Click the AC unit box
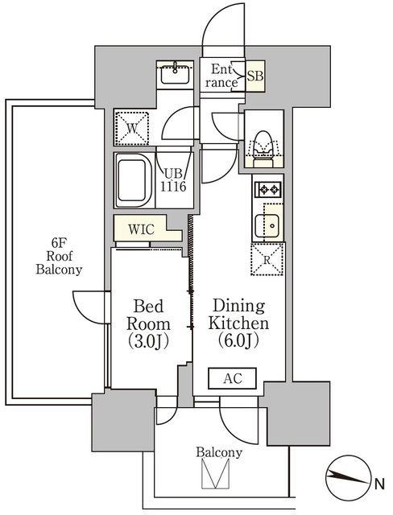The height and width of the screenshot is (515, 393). pos(232,378)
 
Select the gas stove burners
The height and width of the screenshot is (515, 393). pos(267,190)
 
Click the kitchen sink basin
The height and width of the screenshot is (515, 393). pos(267,225)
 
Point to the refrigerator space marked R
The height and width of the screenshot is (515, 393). pos(267,259)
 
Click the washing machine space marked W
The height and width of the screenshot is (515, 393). pos(132,128)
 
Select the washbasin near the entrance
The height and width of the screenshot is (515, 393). pos(175,74)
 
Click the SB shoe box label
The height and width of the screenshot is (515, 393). pos(255,76)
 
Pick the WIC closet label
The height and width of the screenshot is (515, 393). pos(141,229)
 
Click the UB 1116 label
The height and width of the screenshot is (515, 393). pos(173,180)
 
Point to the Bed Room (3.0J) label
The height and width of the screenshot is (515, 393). pos(148,323)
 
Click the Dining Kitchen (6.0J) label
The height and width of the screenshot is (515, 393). pos(238,323)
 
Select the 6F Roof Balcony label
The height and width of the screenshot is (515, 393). pos(59,256)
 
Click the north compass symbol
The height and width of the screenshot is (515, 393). pos(349,477)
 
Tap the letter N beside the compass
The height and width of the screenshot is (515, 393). pos(380,484)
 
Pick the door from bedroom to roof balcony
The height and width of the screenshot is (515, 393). pos(90,307)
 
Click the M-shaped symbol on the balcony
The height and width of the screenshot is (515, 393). pos(215,473)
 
